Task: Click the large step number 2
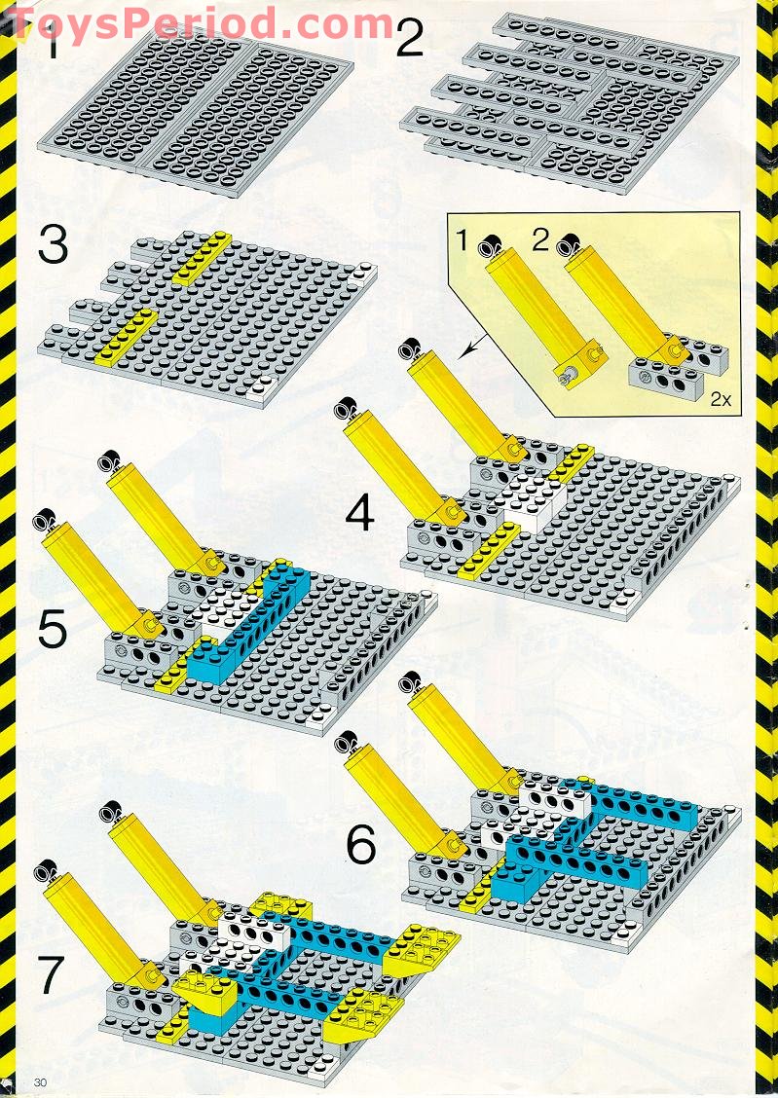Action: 409,41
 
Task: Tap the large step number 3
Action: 54,245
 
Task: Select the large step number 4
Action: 359,512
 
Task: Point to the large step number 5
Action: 53,629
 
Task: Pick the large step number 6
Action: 361,845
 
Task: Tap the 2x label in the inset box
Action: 722,399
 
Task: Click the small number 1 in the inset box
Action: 464,237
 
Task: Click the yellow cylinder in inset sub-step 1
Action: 535,302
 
